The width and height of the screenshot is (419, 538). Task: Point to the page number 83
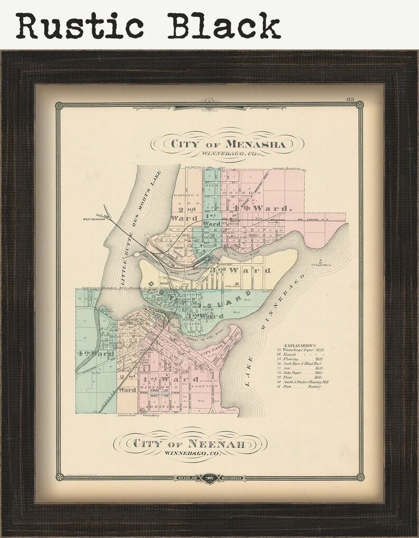pos(350,100)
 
